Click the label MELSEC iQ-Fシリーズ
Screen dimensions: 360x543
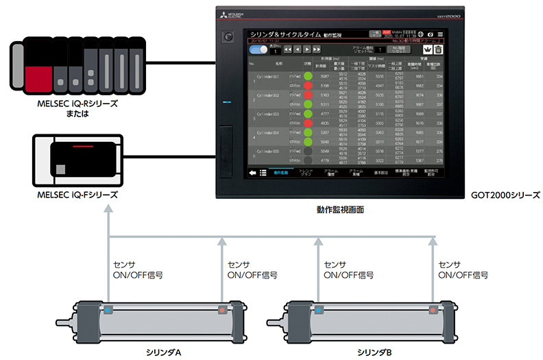tap(77, 195)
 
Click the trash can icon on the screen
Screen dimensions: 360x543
tap(438, 49)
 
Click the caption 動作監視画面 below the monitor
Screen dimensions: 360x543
tap(340, 210)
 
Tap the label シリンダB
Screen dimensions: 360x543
tap(376, 352)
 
